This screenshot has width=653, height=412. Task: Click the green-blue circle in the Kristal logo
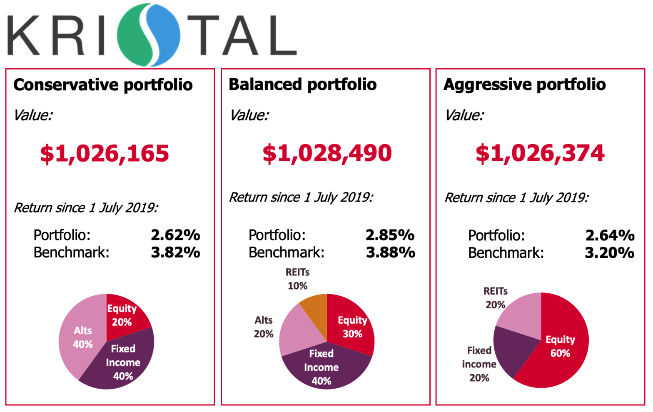point(149,35)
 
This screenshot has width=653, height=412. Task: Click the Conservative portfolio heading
point(103,85)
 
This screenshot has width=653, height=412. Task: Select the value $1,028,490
point(327,153)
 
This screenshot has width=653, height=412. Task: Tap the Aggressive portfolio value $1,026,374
point(540,153)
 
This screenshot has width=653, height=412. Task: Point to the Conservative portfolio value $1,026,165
point(105,153)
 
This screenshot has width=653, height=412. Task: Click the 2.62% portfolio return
point(175,235)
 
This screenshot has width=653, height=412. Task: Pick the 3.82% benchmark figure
point(175,252)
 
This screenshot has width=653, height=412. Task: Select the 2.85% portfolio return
point(390,235)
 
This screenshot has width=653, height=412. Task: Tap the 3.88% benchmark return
point(391,252)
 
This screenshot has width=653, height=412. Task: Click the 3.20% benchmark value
point(609,253)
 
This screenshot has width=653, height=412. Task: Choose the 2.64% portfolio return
point(610,235)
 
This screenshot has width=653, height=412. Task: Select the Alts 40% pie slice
point(81,337)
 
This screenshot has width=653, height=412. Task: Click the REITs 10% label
point(297,279)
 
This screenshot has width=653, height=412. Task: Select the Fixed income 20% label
point(479,364)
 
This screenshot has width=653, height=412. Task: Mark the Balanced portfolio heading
point(302,85)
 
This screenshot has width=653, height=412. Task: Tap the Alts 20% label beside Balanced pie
point(264,327)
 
